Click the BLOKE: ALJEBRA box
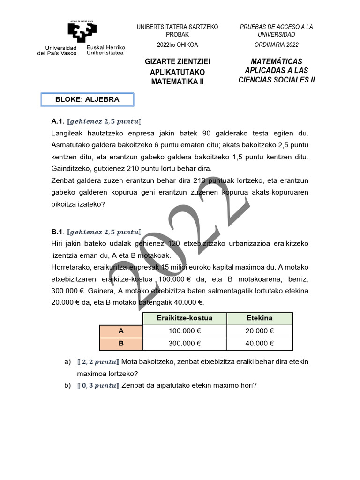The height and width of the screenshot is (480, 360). coord(87,99)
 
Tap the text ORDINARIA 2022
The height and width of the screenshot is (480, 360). coord(276,45)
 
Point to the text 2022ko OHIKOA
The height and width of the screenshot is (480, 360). coord(177,45)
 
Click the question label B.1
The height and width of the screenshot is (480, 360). coord(58,232)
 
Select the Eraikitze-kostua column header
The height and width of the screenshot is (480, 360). coord(184,318)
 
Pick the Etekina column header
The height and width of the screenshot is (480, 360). coord(259,318)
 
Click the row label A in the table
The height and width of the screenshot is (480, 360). coord(121,331)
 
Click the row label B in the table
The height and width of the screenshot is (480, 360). coord(121,344)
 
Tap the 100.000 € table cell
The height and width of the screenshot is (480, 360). coord(184,331)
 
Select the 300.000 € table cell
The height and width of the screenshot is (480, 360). coord(184,344)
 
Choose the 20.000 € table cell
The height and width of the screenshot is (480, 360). coord(259,331)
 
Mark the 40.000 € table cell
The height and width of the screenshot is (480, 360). coord(259,344)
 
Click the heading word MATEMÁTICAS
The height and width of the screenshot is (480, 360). coord(277,62)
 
